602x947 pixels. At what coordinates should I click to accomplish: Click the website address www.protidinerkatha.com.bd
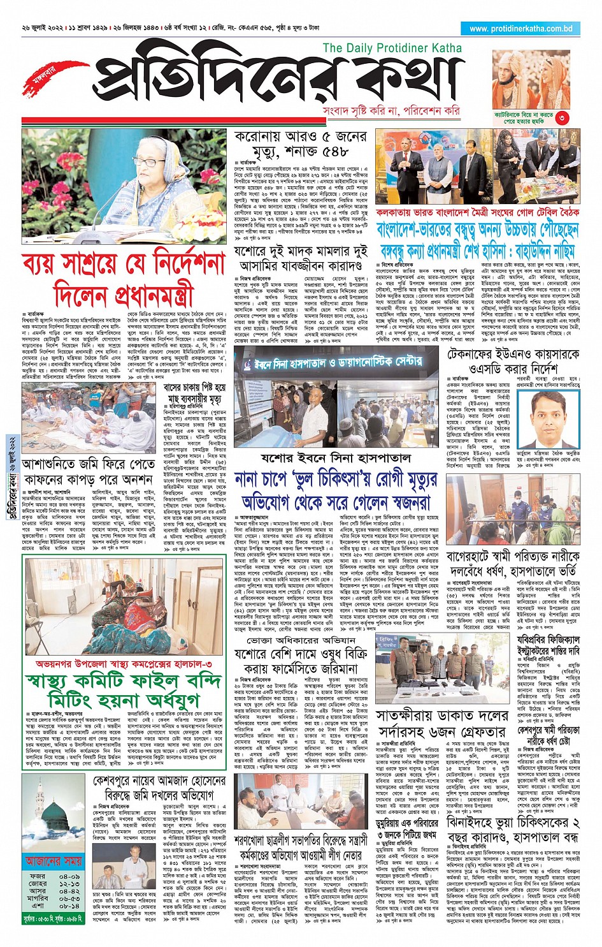[521, 29]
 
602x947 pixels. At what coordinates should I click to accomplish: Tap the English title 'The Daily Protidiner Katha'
[392, 48]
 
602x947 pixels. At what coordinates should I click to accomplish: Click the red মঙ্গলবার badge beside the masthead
[48, 76]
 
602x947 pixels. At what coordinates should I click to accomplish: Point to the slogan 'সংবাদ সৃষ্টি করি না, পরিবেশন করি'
[392, 110]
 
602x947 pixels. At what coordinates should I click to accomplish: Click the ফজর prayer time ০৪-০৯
[69, 876]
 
